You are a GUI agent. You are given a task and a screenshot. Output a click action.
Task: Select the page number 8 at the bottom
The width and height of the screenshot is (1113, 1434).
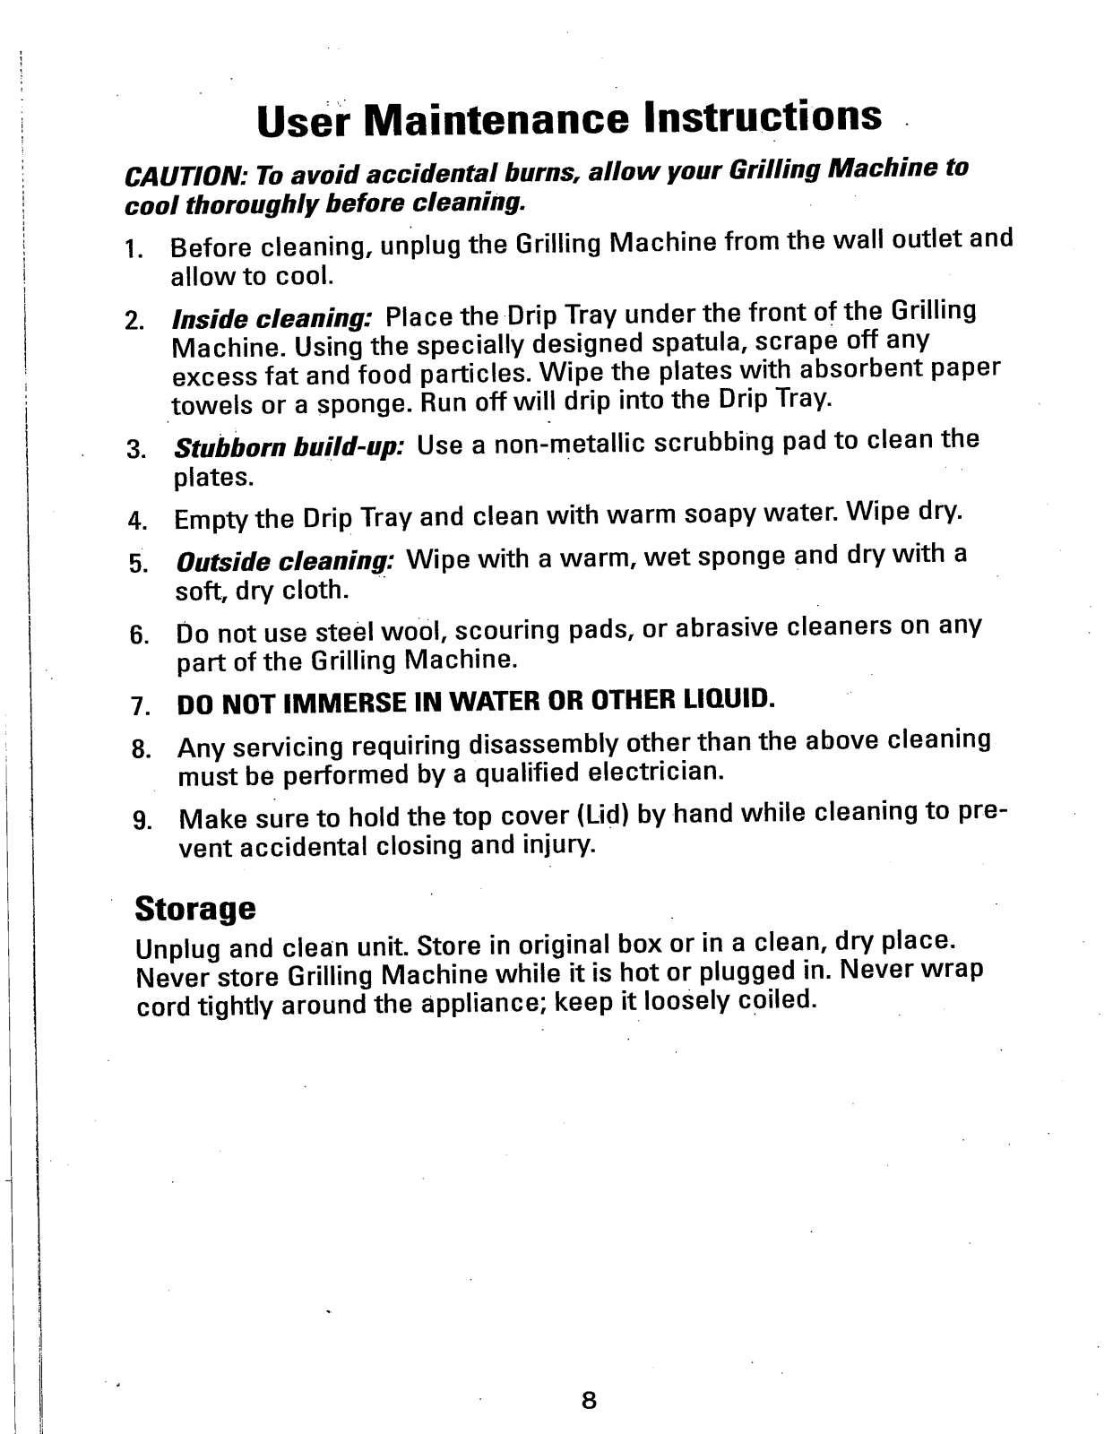(588, 1401)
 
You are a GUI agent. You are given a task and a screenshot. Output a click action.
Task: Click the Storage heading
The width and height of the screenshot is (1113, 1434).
(195, 909)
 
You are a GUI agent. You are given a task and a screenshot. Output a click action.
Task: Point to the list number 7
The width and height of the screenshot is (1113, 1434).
(139, 705)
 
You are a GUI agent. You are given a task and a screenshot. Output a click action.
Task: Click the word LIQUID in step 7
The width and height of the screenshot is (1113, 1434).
(728, 698)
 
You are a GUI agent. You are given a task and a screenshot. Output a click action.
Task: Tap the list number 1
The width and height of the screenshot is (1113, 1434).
(134, 248)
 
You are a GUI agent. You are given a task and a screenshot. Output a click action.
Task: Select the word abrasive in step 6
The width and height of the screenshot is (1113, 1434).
(727, 627)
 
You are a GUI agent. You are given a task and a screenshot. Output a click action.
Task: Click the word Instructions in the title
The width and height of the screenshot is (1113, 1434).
(763, 117)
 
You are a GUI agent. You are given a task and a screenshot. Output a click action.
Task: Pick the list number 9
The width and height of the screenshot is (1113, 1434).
(140, 820)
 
